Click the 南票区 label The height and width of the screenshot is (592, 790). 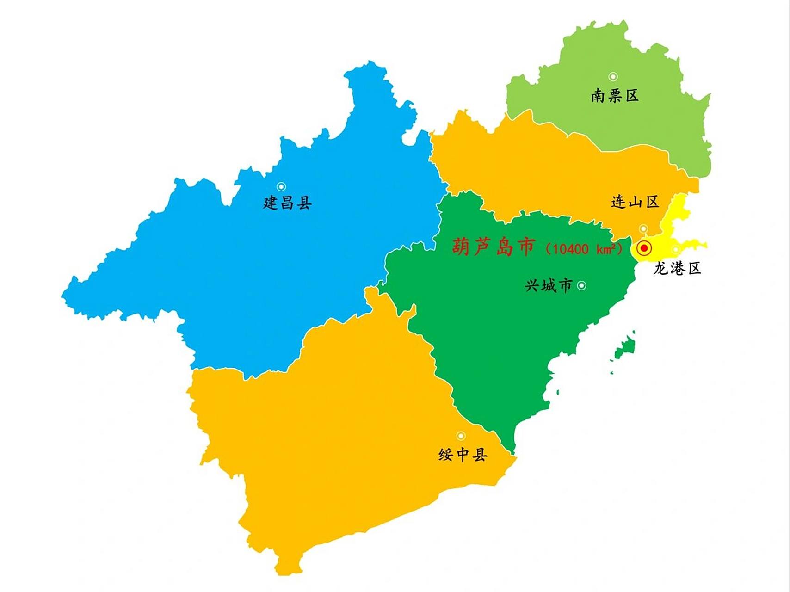point(615,96)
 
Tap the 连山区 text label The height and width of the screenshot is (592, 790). point(635,202)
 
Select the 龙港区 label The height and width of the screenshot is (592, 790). point(677,268)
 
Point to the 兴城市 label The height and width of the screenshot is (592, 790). point(549,285)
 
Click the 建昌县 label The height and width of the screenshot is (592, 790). point(287,203)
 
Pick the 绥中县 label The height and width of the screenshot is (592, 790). point(463,455)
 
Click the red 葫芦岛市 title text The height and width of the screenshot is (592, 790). point(494,247)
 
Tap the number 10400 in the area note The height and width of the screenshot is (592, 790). point(571,249)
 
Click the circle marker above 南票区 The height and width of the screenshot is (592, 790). point(613,77)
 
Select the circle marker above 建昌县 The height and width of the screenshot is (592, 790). point(281,186)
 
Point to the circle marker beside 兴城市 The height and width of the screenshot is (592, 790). point(581,285)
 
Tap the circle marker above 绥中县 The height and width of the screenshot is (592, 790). point(461,436)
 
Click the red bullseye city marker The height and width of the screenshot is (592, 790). point(644,248)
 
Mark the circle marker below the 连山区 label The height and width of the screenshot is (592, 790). point(643,229)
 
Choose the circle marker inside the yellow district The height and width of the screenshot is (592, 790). point(676,250)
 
